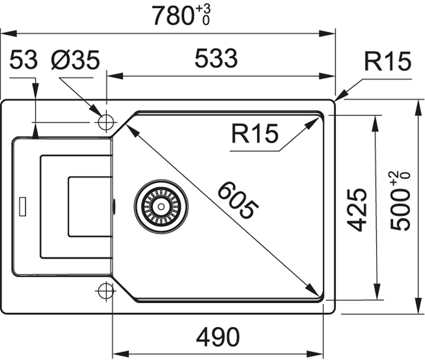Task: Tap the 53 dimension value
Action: tap(23, 61)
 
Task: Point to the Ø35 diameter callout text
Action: tap(75, 61)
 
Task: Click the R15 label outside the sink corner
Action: tap(387, 62)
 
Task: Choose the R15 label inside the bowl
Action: tap(255, 134)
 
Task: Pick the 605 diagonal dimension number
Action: tap(238, 201)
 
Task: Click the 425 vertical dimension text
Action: tap(357, 209)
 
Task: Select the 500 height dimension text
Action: tap(400, 208)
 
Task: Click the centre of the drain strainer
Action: tap(161, 206)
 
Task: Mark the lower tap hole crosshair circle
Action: tap(105, 291)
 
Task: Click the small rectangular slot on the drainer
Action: tap(23, 206)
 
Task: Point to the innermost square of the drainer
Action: tap(89, 206)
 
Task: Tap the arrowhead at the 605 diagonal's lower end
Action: tap(313, 291)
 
